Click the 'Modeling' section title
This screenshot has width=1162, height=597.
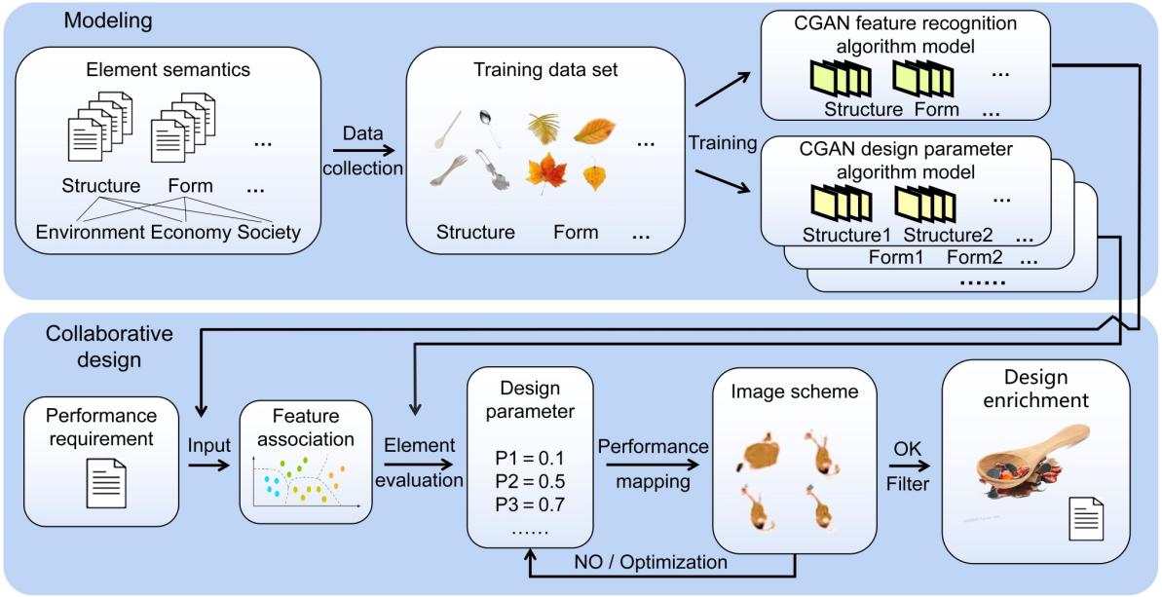(x=107, y=20)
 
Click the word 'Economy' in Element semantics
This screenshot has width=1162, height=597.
(x=191, y=233)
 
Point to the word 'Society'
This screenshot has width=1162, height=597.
(x=269, y=233)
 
